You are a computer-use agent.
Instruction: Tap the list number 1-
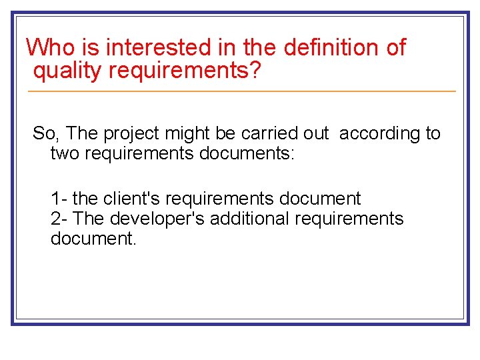click(59, 198)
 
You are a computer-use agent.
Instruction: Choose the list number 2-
click(60, 219)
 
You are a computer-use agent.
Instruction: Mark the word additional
click(251, 219)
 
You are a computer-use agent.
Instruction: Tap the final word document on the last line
click(93, 239)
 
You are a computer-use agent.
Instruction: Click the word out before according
click(316, 133)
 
